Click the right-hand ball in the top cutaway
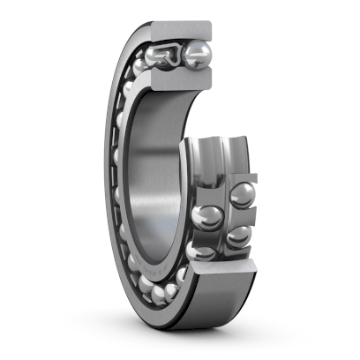click(x=197, y=57)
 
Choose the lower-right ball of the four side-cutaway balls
click(x=236, y=236)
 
